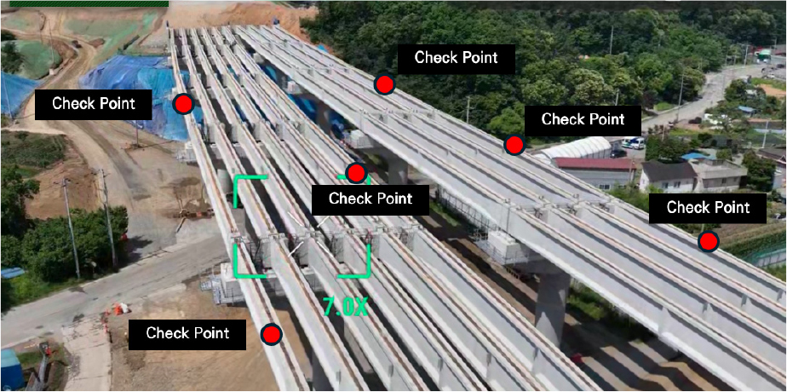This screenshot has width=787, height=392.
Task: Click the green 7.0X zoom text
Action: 345,306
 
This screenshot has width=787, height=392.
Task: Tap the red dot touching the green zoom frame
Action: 356,173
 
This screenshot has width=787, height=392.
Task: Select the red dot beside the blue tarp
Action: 183,105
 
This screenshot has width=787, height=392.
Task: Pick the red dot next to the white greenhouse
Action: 514,145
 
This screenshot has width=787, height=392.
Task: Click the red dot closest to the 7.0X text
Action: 272,334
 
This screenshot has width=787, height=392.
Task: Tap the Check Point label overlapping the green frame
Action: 371,199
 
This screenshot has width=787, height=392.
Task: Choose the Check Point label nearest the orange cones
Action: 187,334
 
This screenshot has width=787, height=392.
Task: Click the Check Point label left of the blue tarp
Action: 94,105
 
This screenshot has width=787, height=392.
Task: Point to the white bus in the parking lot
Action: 633,142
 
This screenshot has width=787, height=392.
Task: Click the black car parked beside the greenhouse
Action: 618,153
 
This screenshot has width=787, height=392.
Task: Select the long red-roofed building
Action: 595,171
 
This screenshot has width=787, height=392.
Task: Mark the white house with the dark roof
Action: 662,176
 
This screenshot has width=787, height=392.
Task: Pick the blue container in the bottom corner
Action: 11,371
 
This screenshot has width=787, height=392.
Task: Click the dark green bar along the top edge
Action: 89,3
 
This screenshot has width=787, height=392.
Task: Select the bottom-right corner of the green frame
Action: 369,276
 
